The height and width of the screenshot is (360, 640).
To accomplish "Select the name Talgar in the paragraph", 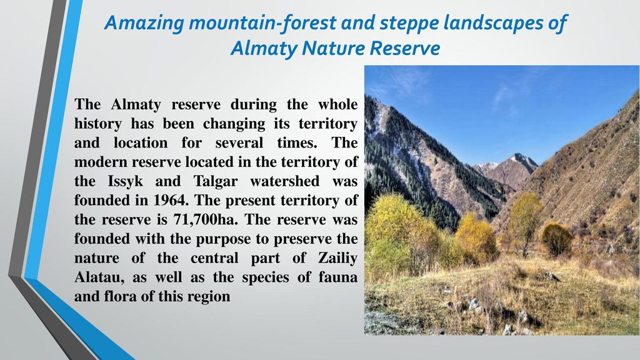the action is pyautogui.click(x=216, y=182).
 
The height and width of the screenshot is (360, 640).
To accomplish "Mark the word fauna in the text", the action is pyautogui.click(x=341, y=277).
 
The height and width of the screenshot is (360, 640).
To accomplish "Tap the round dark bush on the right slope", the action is pyautogui.click(x=556, y=239).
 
